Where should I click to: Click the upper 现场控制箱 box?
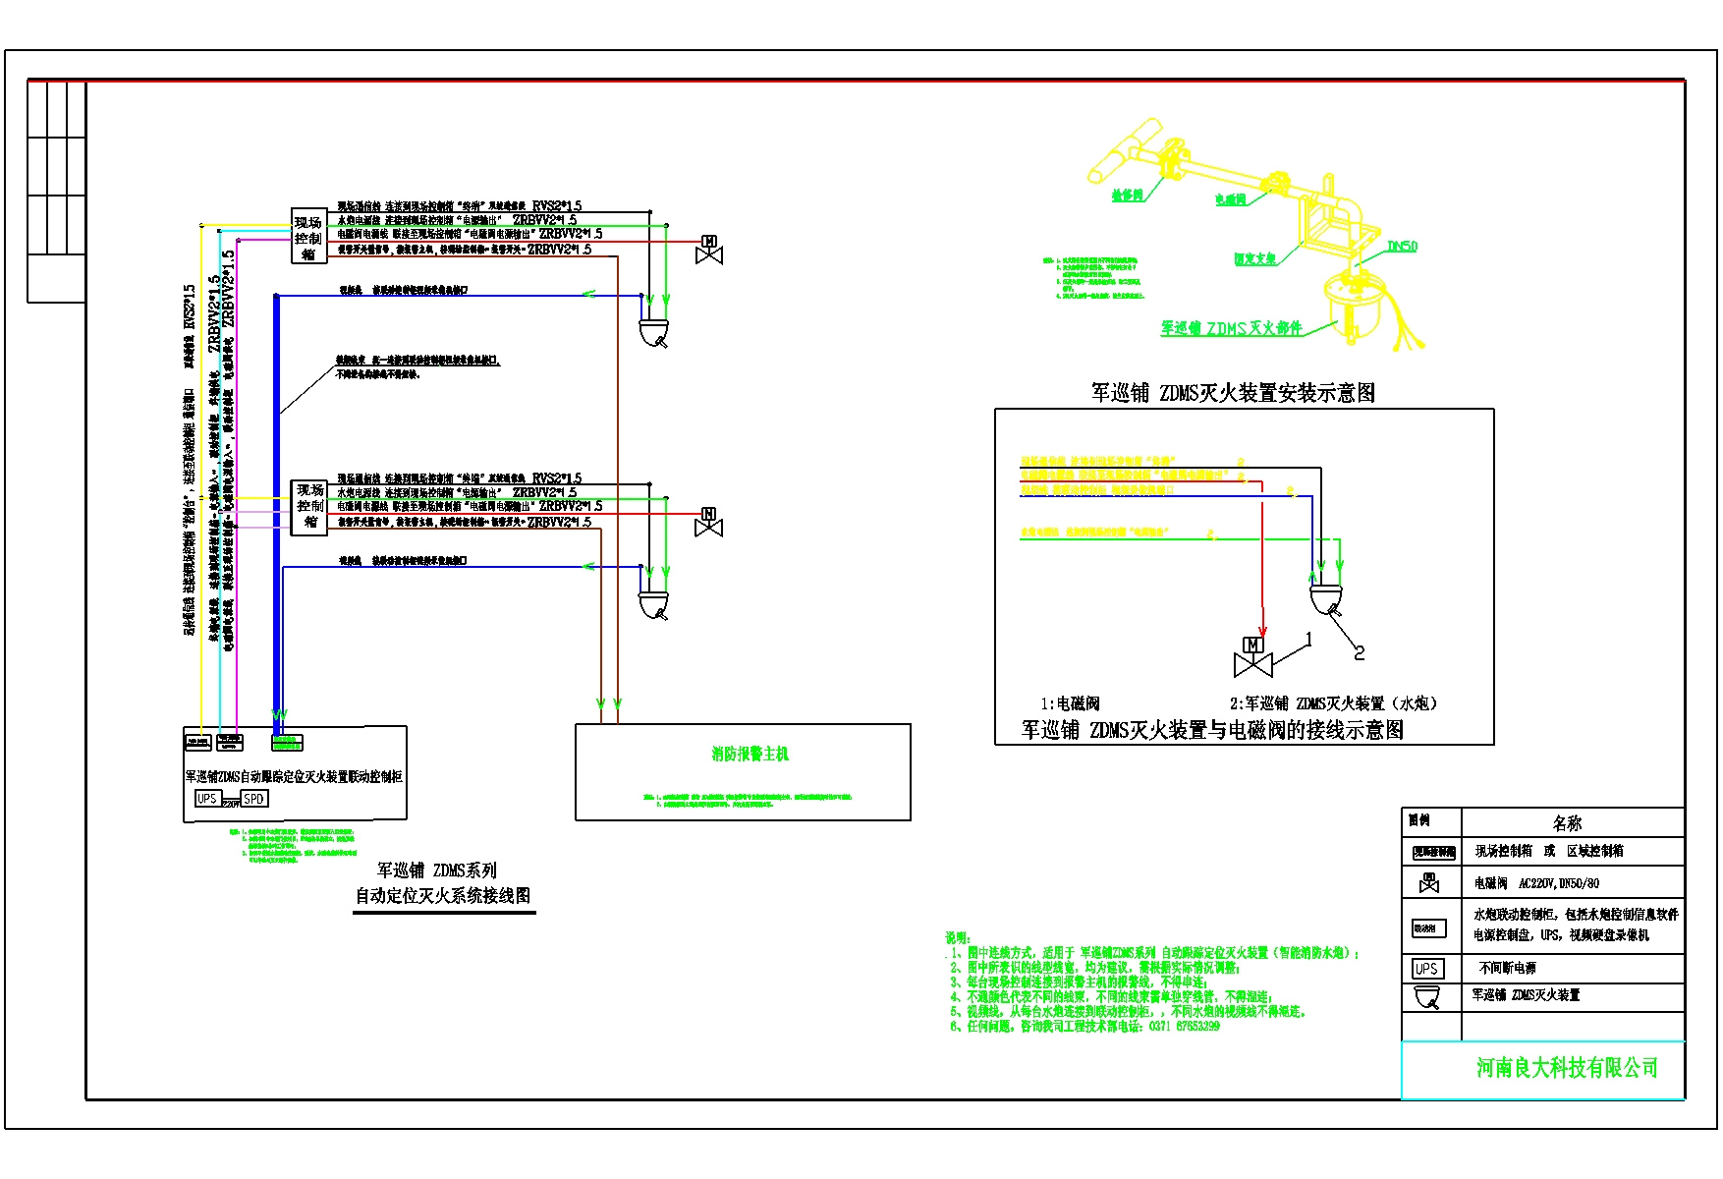308,237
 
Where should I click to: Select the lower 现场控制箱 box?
309,506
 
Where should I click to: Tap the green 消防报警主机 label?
750,755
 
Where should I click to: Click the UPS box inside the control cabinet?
206,799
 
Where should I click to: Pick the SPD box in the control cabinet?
254,799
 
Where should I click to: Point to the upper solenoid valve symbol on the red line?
709,251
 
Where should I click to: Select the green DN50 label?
1402,247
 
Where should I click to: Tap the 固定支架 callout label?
1254,259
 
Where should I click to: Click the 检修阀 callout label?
1127,196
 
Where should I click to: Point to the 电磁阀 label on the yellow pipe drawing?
1230,199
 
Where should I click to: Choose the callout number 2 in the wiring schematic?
1360,652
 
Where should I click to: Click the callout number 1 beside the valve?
1308,640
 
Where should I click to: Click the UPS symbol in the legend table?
1425,969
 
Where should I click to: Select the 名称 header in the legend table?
1567,823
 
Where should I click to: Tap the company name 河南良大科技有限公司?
1567,1068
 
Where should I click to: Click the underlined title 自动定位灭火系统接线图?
443,896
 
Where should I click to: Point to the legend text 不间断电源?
1507,969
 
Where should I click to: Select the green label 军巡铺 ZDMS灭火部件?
1231,329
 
